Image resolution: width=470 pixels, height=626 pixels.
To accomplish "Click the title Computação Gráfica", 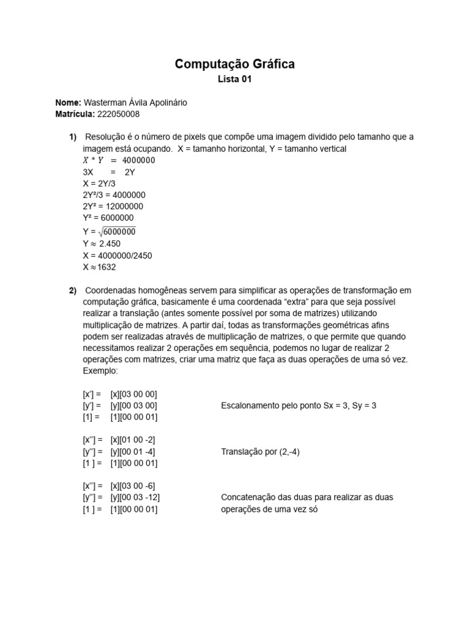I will click(235, 64).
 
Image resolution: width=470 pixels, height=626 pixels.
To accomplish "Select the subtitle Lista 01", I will click(235, 79).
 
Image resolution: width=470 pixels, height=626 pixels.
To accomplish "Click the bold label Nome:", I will click(67, 103).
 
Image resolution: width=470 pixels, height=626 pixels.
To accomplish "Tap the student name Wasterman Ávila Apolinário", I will click(135, 103).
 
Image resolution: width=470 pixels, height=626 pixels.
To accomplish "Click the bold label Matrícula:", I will click(75, 114).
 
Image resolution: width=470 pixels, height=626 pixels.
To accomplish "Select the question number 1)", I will click(73, 137).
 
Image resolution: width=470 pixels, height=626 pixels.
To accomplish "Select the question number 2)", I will click(73, 290).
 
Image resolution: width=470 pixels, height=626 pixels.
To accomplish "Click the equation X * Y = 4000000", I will click(119, 160).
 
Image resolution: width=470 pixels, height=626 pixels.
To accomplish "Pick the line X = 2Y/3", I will click(100, 183).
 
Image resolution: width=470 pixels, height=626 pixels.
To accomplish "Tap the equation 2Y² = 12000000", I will click(113, 206).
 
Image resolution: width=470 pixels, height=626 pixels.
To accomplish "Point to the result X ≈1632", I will click(99, 267).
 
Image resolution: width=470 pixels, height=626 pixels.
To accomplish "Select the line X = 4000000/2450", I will click(117, 255).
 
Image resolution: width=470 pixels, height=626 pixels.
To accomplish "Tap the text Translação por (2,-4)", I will click(260, 452).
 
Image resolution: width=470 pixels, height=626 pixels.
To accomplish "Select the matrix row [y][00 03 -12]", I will click(135, 497).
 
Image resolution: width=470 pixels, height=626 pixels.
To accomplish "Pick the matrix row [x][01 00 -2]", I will click(133, 440).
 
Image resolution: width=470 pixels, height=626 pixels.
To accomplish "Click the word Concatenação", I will click(246, 497).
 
